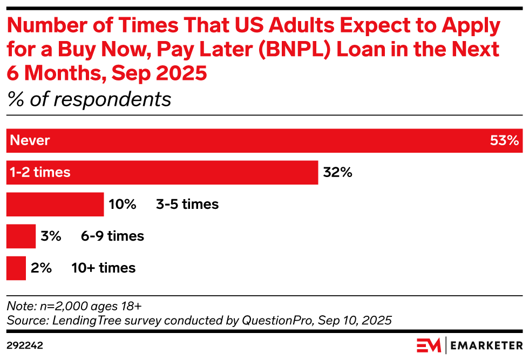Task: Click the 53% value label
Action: pos(504,140)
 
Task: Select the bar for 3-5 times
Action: pos(55,205)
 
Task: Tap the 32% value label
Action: pos(338,172)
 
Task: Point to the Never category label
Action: pos(30,140)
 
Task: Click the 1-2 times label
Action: pos(40,172)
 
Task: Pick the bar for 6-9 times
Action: pos(21,236)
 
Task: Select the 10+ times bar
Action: pos(16,268)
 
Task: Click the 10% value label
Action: pos(123,205)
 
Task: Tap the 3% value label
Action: pos(51,236)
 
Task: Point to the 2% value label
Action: pos(41,268)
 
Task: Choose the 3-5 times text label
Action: pos(187,205)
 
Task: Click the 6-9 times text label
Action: pos(112,236)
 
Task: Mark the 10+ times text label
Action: pos(103,268)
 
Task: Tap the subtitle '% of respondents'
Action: pos(89,99)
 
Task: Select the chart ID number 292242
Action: pos(25,345)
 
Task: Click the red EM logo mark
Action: pos(429,345)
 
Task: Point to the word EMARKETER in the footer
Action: pos(486,345)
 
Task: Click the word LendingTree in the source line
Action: pos(87,320)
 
